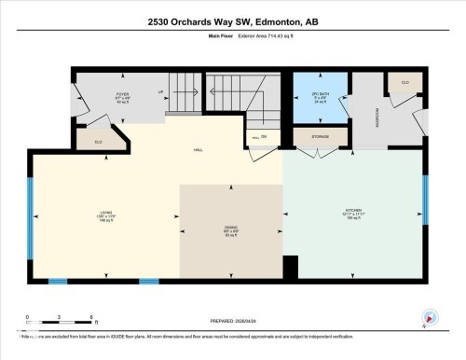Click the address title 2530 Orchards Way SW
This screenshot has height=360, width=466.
coord(233,21)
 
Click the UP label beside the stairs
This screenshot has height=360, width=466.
coord(161,91)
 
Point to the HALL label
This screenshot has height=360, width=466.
coord(198,149)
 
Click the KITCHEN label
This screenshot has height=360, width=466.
coord(352,212)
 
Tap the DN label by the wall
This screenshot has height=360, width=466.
coord(264,138)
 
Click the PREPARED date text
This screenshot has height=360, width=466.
coord(233,323)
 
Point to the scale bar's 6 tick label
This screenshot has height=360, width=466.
coord(89,319)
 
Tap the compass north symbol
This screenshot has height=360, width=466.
coord(429,317)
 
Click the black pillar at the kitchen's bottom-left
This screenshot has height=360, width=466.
coord(290,268)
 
